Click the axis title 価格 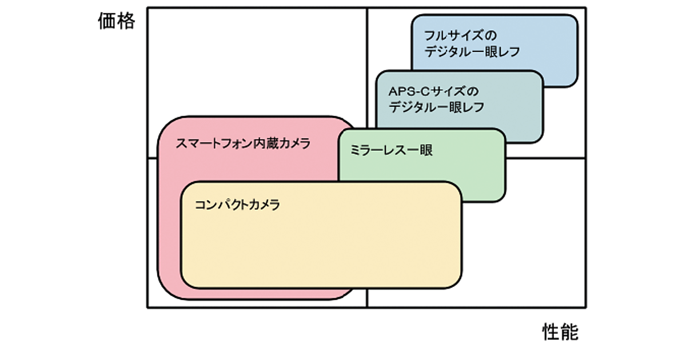(116, 21)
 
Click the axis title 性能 (560, 331)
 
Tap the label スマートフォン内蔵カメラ (243, 143)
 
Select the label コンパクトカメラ (237, 205)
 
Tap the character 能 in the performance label (569, 331)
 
